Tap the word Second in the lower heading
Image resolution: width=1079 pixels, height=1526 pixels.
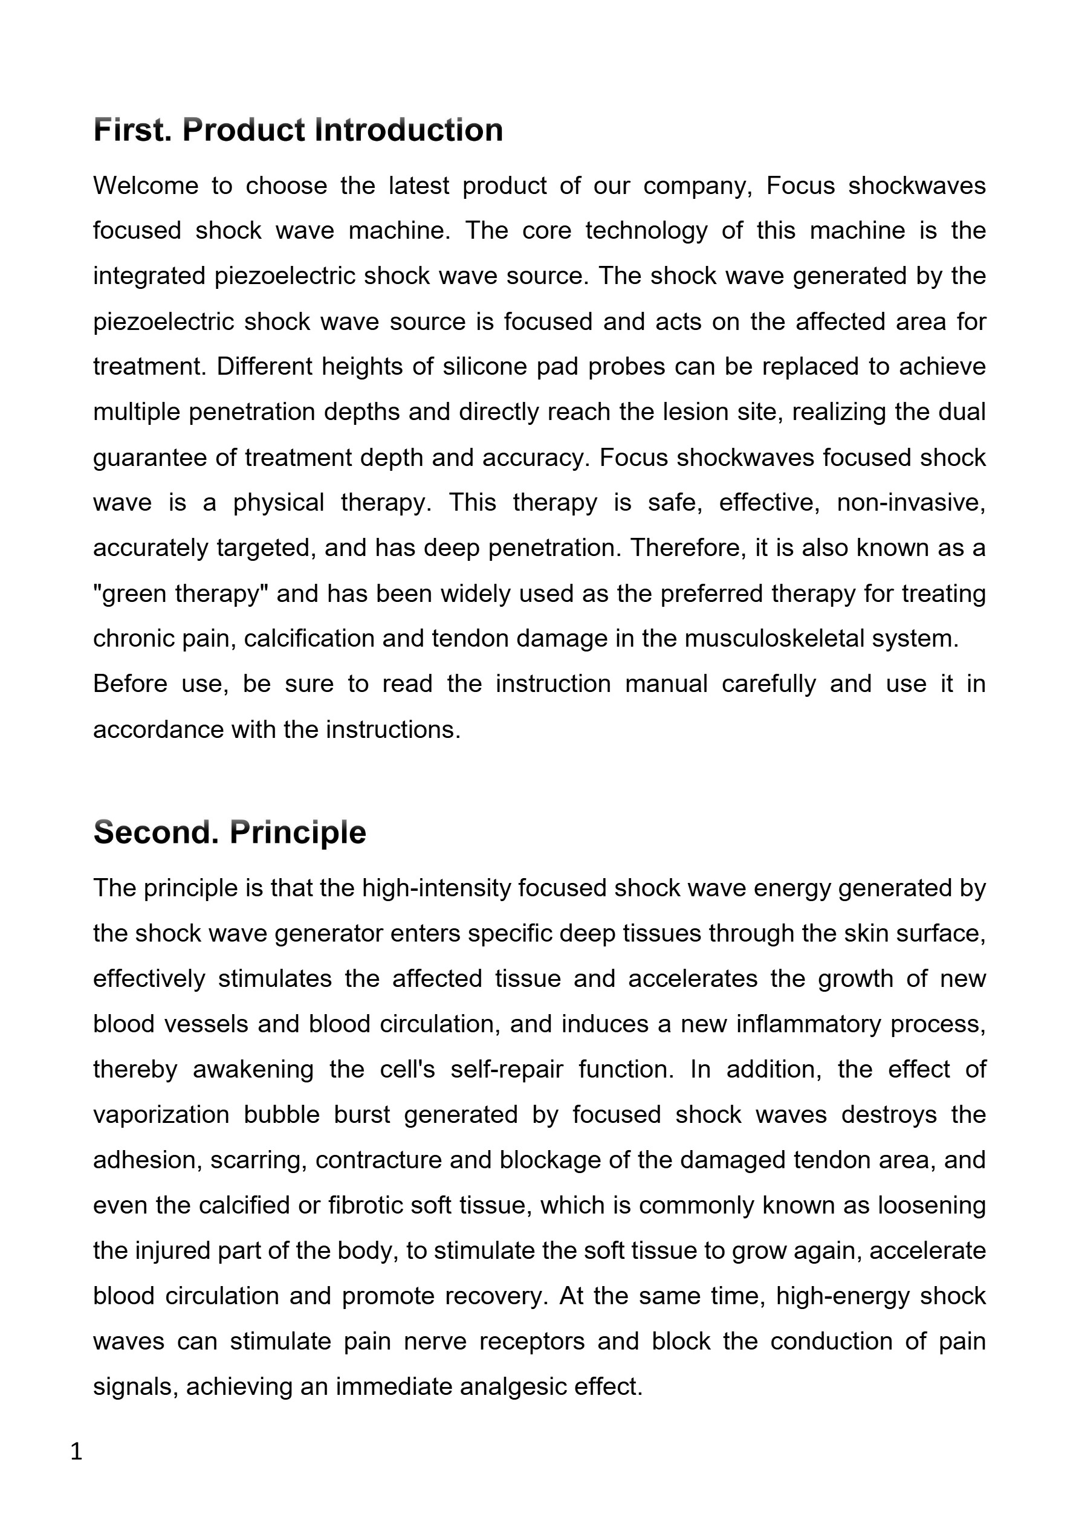pyautogui.click(x=155, y=832)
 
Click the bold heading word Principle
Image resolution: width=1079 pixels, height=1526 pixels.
pyautogui.click(x=297, y=833)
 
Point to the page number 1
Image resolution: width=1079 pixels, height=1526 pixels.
pyautogui.click(x=76, y=1452)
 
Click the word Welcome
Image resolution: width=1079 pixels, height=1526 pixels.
pyautogui.click(x=146, y=186)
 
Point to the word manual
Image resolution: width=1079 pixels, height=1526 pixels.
pyautogui.click(x=666, y=684)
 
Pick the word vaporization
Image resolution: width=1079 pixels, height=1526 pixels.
pyautogui.click(x=161, y=1114)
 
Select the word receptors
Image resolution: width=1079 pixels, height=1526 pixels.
pyautogui.click(x=532, y=1341)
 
